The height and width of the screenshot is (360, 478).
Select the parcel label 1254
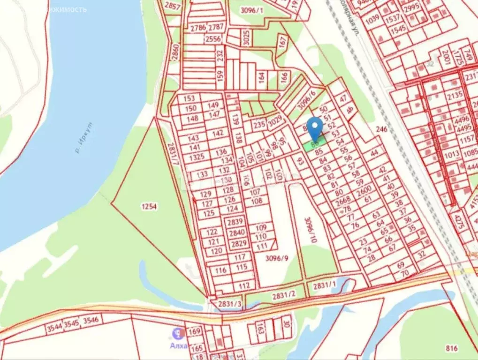(148, 206)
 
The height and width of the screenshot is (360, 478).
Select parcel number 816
(452, 348)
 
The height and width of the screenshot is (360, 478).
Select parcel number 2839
(236, 222)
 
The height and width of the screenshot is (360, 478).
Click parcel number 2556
(214, 39)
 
